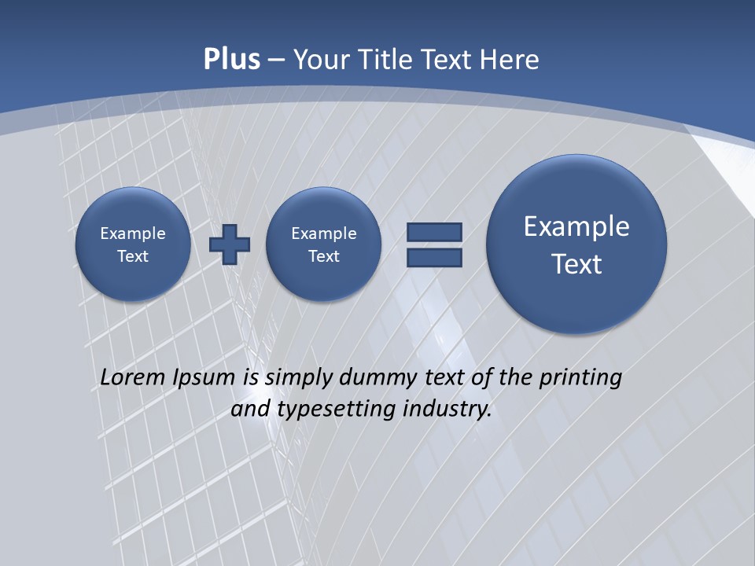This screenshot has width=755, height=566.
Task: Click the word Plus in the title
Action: (231, 60)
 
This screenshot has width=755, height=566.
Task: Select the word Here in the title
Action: (511, 60)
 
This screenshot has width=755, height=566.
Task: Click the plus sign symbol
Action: (229, 244)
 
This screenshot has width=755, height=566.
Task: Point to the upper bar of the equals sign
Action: (434, 232)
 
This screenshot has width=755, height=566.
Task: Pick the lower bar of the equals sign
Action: (434, 258)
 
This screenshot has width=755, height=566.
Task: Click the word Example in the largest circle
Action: (576, 226)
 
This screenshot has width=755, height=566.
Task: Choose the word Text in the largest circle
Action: (576, 264)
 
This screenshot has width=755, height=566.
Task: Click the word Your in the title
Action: (322, 60)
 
